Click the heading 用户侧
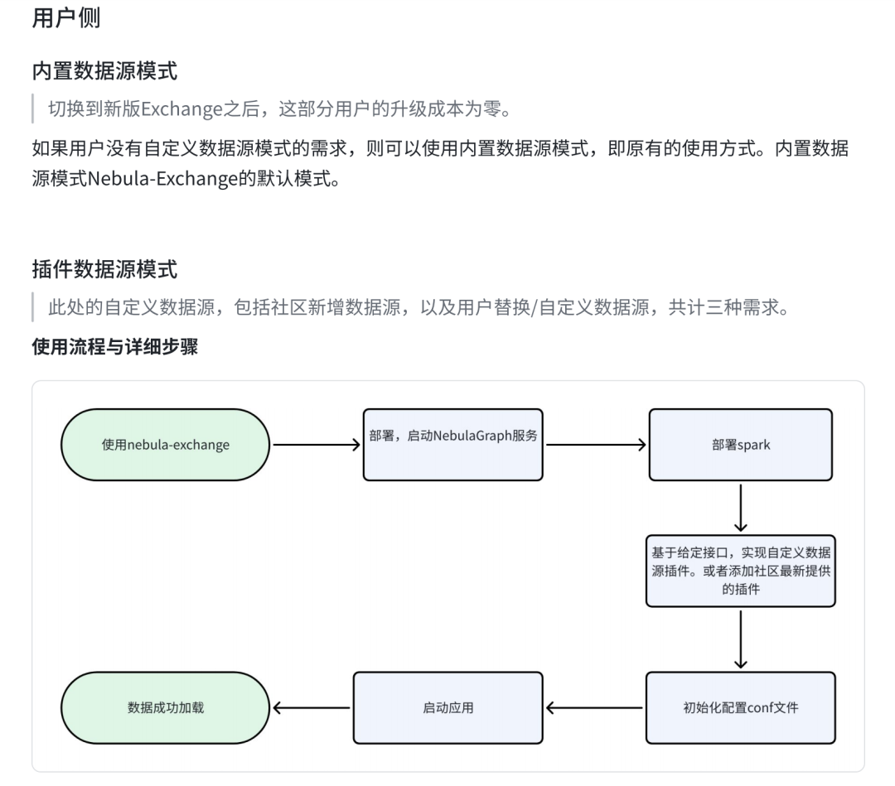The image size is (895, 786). [x=66, y=18]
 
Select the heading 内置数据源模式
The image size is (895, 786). [x=104, y=70]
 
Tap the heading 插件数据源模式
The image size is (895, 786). [x=104, y=269]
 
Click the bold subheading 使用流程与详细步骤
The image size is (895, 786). [x=114, y=346]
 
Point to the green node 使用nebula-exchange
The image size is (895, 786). [x=166, y=445]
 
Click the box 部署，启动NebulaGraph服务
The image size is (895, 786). [x=452, y=445]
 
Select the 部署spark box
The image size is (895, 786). [x=741, y=445]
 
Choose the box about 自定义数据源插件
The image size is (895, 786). [x=741, y=571]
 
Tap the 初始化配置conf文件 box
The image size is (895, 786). [x=741, y=707]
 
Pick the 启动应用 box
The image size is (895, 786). [x=447, y=707]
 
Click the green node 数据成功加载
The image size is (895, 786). [x=166, y=707]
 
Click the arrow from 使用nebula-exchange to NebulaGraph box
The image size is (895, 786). [x=317, y=445]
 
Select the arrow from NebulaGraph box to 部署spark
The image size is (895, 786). [x=595, y=445]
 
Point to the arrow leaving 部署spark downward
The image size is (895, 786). [x=741, y=507]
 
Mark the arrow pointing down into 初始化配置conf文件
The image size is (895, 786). [x=741, y=639]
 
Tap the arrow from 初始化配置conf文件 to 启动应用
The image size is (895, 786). [x=595, y=707]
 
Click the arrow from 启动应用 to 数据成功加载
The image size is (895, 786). [x=312, y=707]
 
